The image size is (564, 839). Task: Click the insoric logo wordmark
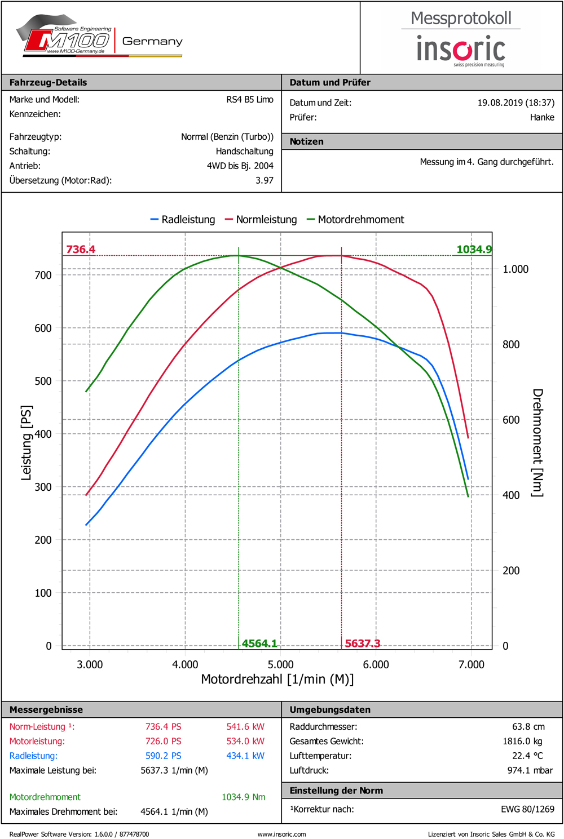pyautogui.click(x=461, y=49)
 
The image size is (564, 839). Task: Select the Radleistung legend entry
pyautogui.click(x=183, y=220)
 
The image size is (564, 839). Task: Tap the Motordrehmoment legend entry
pyautogui.click(x=355, y=220)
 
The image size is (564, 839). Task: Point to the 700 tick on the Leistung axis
pyautogui.click(x=43, y=275)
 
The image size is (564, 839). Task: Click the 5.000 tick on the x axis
pyautogui.click(x=280, y=664)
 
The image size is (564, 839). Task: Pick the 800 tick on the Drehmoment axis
pyautogui.click(x=511, y=344)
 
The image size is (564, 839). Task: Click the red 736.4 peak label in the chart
pyautogui.click(x=81, y=249)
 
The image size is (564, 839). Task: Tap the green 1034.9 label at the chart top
pyautogui.click(x=474, y=249)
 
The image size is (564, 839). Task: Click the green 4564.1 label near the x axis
pyautogui.click(x=259, y=643)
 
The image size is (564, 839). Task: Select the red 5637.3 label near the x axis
pyautogui.click(x=362, y=643)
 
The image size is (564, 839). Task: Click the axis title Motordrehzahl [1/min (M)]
pyautogui.click(x=277, y=680)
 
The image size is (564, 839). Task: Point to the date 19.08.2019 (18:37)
pyautogui.click(x=515, y=103)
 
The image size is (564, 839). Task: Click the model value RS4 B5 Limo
pyautogui.click(x=250, y=100)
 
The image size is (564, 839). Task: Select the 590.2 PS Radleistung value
pyautogui.click(x=164, y=756)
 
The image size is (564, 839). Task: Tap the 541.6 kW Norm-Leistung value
pyautogui.click(x=245, y=727)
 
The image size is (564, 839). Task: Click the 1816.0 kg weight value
pyautogui.click(x=522, y=742)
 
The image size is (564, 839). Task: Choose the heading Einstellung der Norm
pyautogui.click(x=336, y=791)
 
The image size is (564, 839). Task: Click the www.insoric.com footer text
pyautogui.click(x=281, y=834)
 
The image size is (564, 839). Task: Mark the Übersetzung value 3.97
pyautogui.click(x=264, y=180)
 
